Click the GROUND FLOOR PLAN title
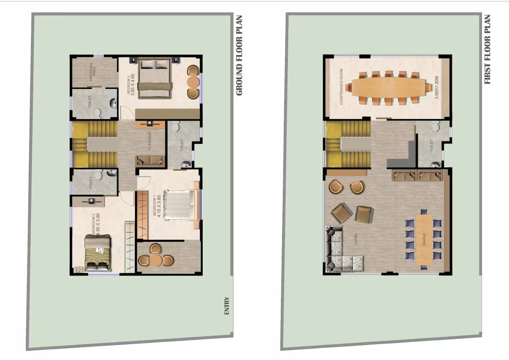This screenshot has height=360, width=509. point(240,56)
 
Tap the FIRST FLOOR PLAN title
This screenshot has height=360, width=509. point(487,49)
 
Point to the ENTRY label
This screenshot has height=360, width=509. point(227,306)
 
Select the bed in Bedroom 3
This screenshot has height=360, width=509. point(154,78)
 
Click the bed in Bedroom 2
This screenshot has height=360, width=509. point(98,253)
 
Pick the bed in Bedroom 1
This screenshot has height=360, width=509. point(180,205)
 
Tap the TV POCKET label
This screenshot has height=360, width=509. point(150,140)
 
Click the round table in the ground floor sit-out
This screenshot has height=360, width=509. point(156,260)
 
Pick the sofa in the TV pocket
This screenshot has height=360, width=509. point(150,161)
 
